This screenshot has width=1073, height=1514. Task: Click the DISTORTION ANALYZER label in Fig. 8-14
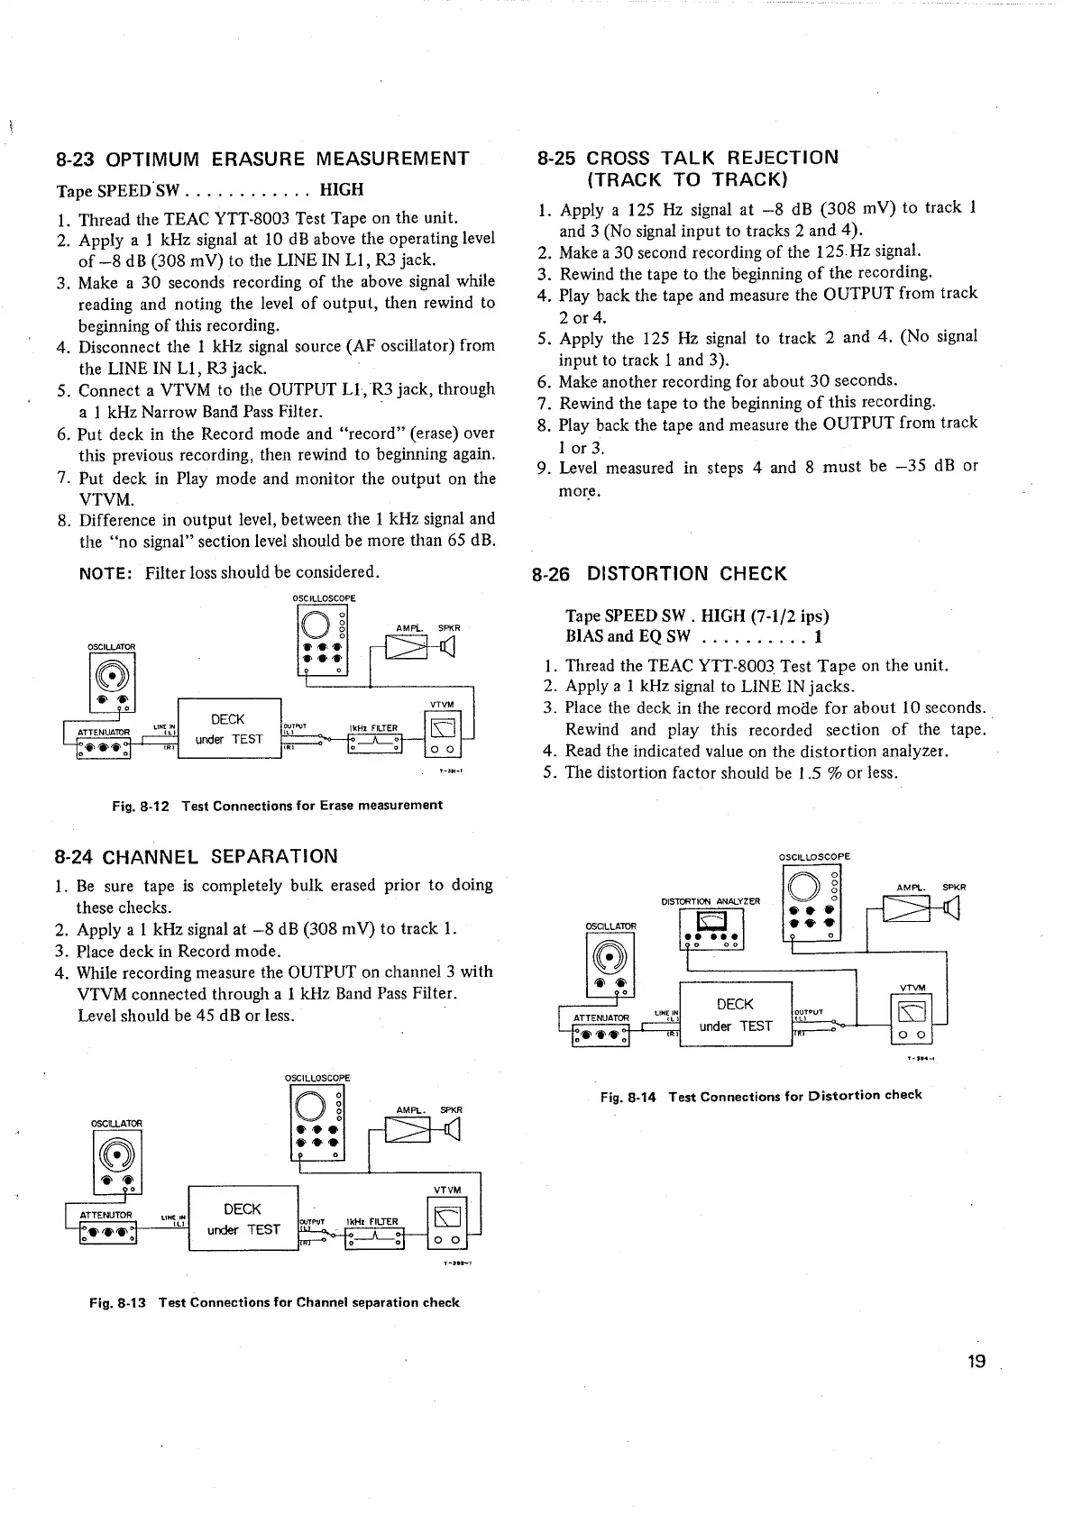pyautogui.click(x=711, y=900)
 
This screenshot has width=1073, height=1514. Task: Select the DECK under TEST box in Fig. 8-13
pyautogui.click(x=243, y=1219)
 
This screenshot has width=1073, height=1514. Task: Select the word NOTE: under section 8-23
pyautogui.click(x=107, y=572)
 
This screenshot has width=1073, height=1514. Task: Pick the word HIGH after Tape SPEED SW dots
pyautogui.click(x=342, y=190)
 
